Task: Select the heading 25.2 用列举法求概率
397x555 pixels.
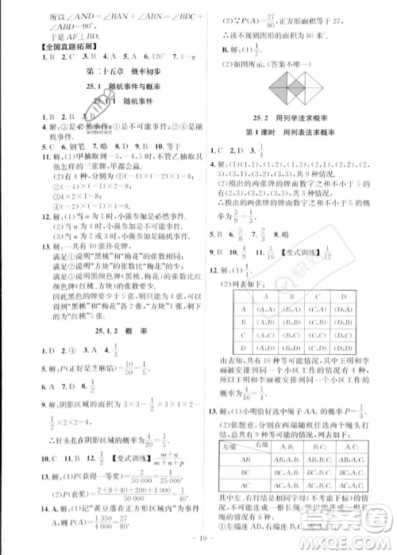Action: point(294,118)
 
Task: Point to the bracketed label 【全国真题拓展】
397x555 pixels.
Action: point(52,47)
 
